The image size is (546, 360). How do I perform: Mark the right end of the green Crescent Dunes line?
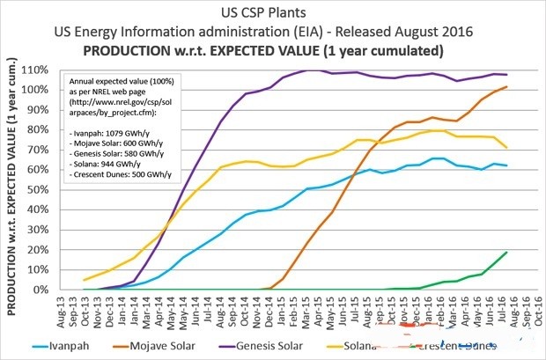tap(507, 252)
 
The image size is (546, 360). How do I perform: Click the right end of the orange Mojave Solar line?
tap(507, 86)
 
